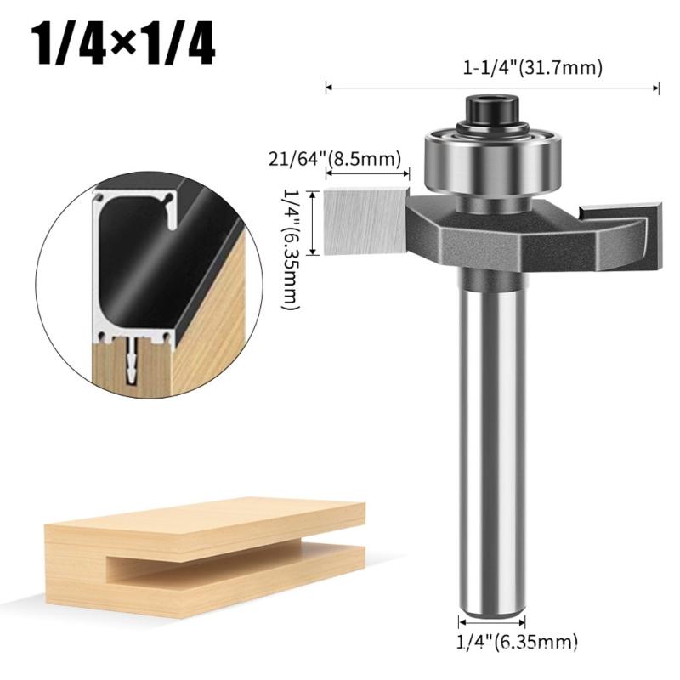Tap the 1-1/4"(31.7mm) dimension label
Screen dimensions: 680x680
click(533, 68)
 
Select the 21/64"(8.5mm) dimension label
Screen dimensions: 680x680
click(334, 159)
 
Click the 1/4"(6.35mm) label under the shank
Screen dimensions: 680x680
click(518, 641)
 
